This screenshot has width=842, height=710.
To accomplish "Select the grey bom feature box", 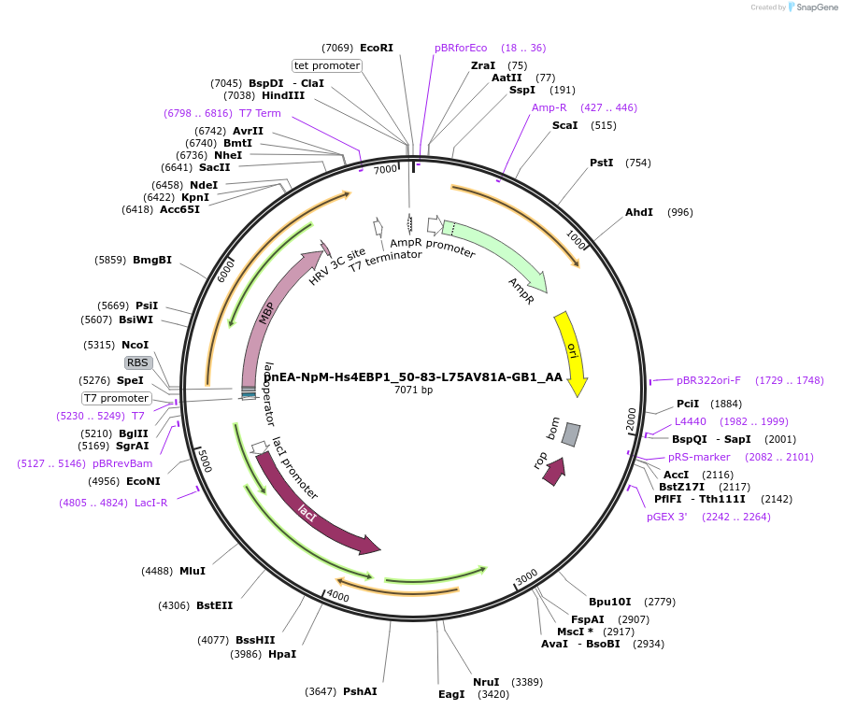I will click(x=571, y=434).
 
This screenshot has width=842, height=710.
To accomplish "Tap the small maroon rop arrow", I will click(x=554, y=471).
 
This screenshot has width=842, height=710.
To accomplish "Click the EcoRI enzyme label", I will click(x=377, y=48).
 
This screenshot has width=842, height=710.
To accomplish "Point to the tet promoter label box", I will click(x=327, y=65).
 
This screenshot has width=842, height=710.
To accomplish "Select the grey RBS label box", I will click(x=137, y=362).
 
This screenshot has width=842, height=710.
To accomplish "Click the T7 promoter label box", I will click(x=117, y=398).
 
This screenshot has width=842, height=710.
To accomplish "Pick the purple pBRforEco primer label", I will click(x=461, y=48).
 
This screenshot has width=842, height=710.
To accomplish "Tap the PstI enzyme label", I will click(x=602, y=163).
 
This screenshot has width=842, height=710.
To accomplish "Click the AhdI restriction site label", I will click(x=639, y=212).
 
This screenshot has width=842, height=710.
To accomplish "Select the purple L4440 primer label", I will click(x=691, y=421).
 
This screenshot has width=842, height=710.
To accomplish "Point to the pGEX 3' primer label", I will click(x=667, y=517).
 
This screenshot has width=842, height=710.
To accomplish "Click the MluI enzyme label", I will click(x=193, y=571).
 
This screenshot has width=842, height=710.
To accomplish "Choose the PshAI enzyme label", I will click(x=360, y=691).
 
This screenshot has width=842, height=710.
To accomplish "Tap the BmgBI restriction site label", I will click(x=152, y=260).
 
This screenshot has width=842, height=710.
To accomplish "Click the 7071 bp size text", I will click(x=414, y=390).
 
